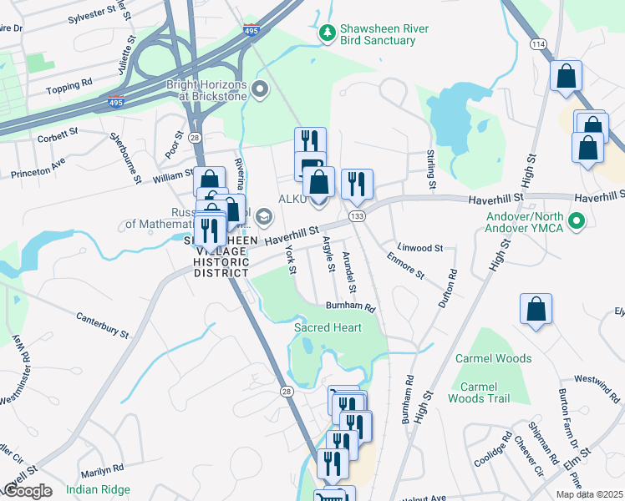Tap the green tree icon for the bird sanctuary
(x=327, y=33)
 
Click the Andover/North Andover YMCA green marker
(x=575, y=221)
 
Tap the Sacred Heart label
(x=328, y=327)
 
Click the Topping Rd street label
(x=69, y=86)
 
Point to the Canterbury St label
(x=102, y=325)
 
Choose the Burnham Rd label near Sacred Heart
(x=351, y=307)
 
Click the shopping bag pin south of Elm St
(x=536, y=310)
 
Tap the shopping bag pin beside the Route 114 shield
(x=567, y=77)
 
